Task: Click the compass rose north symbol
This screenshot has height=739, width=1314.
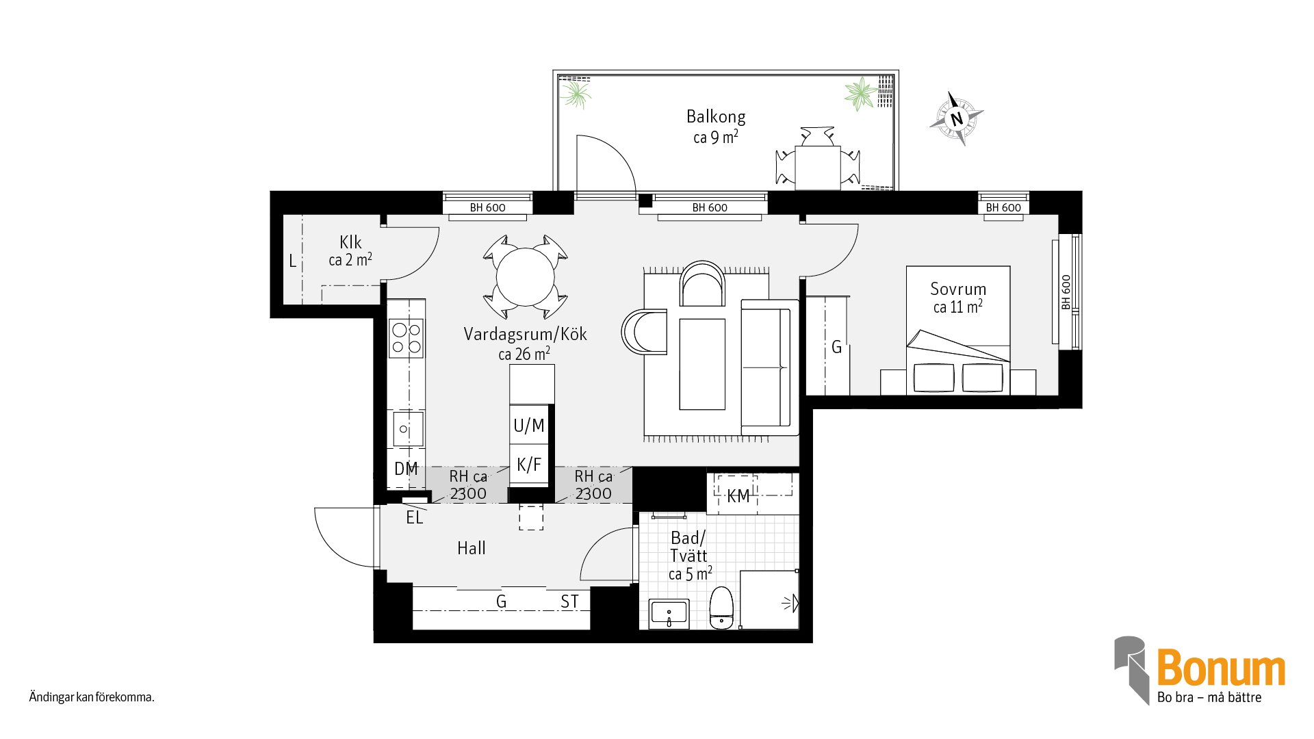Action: [957, 118]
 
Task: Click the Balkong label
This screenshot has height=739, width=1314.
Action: [716, 116]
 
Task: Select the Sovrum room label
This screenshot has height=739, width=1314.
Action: [958, 289]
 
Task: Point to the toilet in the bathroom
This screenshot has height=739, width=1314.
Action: [721, 607]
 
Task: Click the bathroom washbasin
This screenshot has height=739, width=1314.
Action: [669, 614]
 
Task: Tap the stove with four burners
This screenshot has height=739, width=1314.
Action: [407, 338]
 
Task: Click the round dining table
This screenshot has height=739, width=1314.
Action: [525, 277]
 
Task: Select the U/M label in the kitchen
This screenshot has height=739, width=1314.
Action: [529, 426]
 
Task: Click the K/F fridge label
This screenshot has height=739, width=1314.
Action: [529, 465]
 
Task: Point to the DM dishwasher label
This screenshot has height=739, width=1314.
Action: [406, 469]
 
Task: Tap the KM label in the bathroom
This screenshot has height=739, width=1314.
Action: [738, 496]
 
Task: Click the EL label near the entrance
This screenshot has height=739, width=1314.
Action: [415, 517]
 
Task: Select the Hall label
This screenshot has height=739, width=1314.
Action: [472, 548]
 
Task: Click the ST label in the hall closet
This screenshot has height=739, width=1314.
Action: [569, 601]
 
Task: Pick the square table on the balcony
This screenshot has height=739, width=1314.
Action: [817, 168]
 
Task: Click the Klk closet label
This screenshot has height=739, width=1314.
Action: [350, 242]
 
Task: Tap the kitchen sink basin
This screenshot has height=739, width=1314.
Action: [408, 430]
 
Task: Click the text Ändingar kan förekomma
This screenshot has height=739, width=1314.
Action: [92, 697]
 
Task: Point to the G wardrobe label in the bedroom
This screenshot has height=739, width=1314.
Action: [836, 348]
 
